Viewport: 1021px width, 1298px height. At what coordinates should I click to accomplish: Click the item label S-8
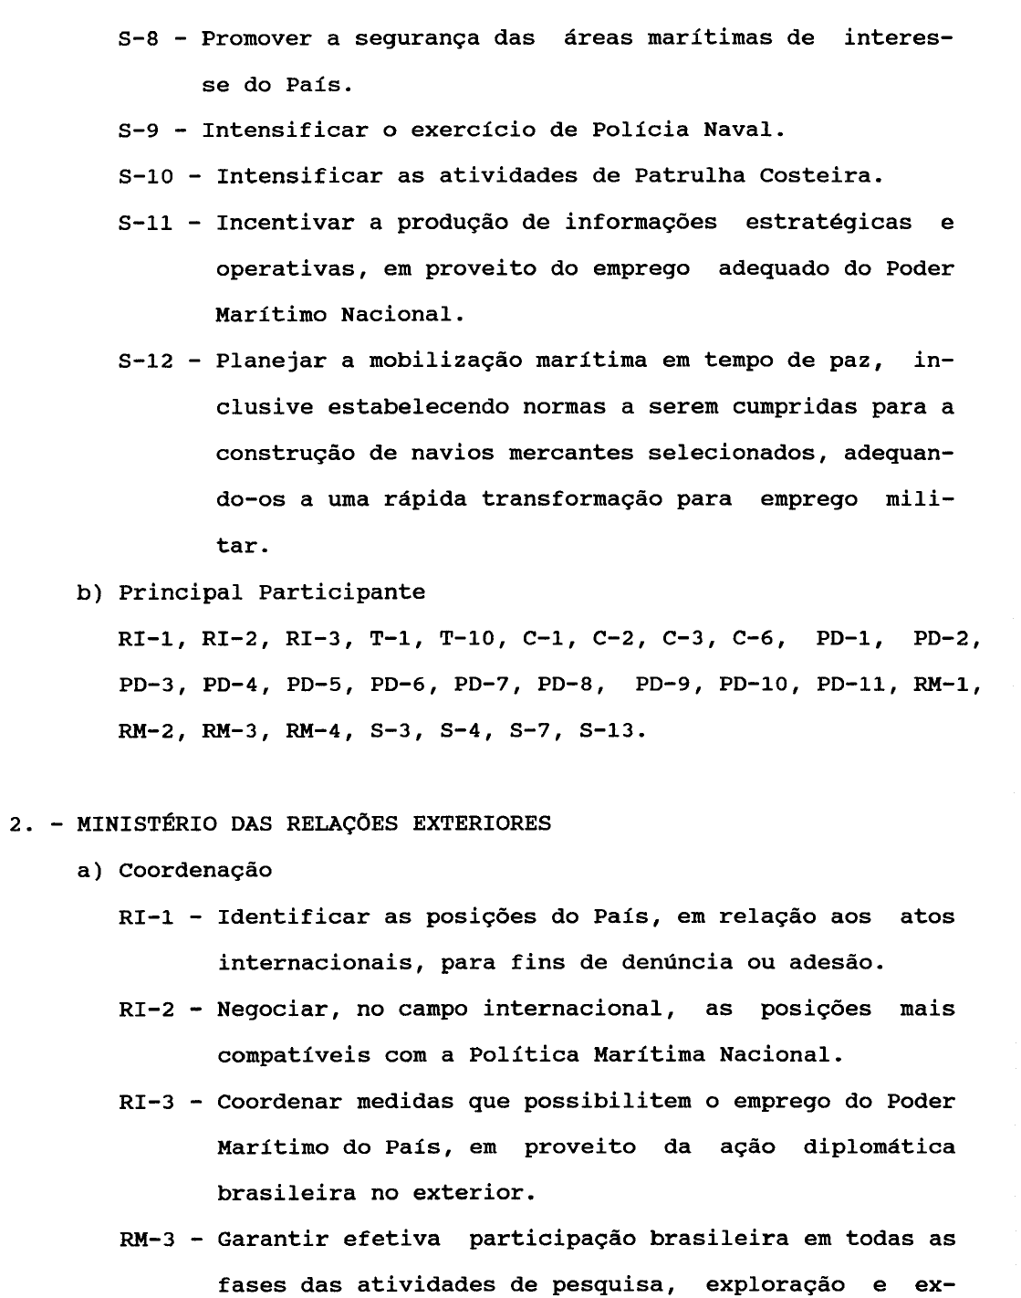pos(140,39)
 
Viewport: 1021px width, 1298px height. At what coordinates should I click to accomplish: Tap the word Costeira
pos(821,175)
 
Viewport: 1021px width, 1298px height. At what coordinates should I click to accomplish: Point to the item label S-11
pos(147,222)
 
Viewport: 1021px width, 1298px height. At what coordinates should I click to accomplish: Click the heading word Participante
pos(342,591)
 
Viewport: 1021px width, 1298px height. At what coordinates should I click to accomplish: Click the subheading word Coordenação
pos(195,870)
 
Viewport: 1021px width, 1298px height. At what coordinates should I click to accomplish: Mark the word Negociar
pos(272,1009)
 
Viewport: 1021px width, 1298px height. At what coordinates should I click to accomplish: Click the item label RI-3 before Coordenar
pos(147,1101)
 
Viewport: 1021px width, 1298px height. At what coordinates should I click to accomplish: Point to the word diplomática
pos(879,1146)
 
